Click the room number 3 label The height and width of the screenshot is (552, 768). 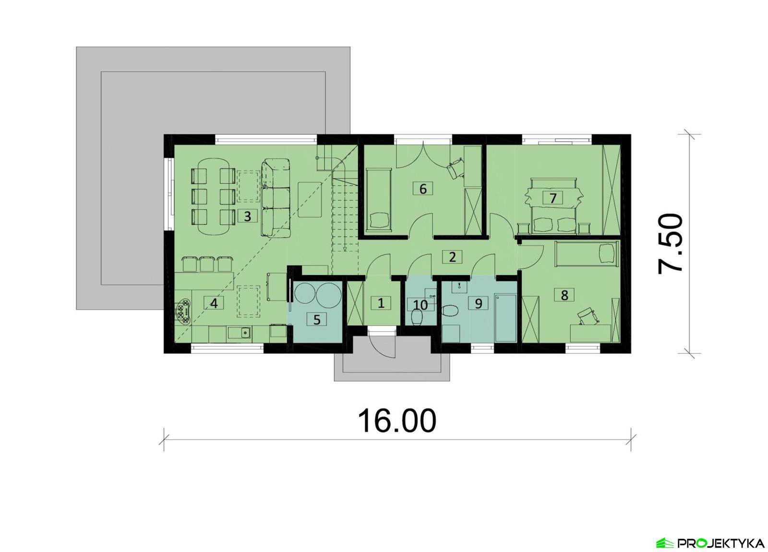pyautogui.click(x=247, y=216)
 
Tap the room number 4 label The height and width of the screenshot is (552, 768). pyautogui.click(x=214, y=303)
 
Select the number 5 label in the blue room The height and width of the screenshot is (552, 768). pyautogui.click(x=317, y=319)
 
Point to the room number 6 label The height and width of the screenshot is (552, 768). pyautogui.click(x=423, y=189)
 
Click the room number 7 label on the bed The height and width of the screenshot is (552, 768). pyautogui.click(x=553, y=197)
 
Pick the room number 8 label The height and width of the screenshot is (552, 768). pyautogui.click(x=564, y=295)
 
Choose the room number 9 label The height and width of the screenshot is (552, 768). pyautogui.click(x=478, y=303)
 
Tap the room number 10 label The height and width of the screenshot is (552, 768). pyautogui.click(x=420, y=305)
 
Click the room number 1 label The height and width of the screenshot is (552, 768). pyautogui.click(x=381, y=303)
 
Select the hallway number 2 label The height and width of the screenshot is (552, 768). pyautogui.click(x=452, y=257)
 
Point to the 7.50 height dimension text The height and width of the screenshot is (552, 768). pyautogui.click(x=671, y=244)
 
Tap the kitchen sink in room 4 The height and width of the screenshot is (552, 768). pyautogui.click(x=244, y=331)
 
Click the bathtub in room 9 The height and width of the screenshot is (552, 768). pyautogui.click(x=505, y=318)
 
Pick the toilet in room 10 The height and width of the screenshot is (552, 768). pyautogui.click(x=417, y=318)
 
